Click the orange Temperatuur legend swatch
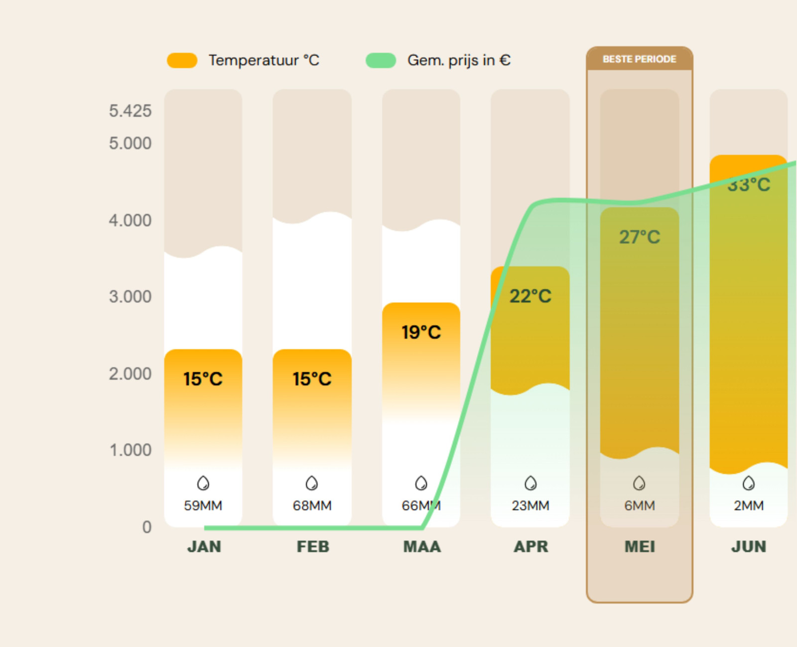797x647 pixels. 182,60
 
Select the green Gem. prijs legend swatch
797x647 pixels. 381,60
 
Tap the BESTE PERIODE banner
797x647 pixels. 639,59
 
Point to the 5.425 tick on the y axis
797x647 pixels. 130,111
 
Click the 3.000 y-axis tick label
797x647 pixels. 130,297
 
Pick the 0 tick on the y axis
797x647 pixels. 146,527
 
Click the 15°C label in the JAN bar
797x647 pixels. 203,379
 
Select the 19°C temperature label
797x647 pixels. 421,332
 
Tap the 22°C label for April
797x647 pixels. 530,296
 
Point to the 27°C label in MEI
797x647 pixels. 639,237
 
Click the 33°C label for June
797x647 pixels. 748,185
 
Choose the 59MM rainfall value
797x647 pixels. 203,505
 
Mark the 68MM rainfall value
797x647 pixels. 312,505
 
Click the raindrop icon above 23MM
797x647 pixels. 531,483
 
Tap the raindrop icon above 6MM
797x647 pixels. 639,483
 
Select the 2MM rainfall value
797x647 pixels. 748,505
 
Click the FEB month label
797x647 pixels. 313,546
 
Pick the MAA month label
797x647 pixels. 422,546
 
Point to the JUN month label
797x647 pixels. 748,546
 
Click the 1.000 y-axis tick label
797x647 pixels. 130,450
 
